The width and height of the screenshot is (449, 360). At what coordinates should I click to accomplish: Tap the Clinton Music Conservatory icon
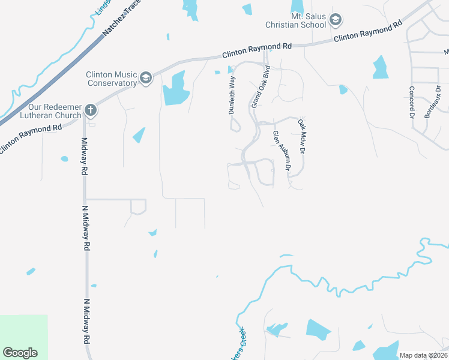pyautogui.click(x=145, y=78)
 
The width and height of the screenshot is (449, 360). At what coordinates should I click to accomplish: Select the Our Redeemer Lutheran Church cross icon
pyautogui.click(x=90, y=110)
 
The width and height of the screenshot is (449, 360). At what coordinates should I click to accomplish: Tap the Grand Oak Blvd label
pyautogui.click(x=262, y=86)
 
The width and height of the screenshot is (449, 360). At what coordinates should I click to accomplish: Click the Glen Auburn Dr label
pyautogui.click(x=281, y=152)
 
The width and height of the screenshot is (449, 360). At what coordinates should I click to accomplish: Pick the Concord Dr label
pyautogui.click(x=412, y=101)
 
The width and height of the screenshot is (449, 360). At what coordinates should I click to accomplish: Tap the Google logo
pyautogui.click(x=20, y=353)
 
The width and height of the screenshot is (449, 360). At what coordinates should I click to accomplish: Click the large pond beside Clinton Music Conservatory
pyautogui.click(x=175, y=89)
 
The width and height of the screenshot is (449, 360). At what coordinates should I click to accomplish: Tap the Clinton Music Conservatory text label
pyautogui.click(x=112, y=79)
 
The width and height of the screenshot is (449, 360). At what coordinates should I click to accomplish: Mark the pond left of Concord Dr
pyautogui.click(x=380, y=67)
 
